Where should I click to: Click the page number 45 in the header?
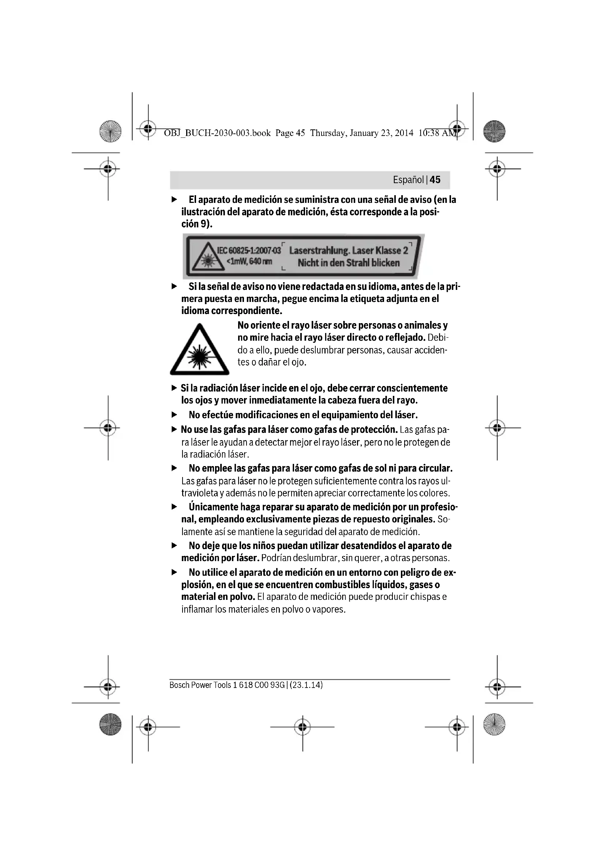pos(435,180)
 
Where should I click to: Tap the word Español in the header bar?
pos(408,180)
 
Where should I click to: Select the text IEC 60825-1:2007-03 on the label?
pos(249,250)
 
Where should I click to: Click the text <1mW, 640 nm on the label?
pos(249,261)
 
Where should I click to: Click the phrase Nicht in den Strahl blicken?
pos(348,263)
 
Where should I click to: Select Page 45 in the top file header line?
pos(290,133)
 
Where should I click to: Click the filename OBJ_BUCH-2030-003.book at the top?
pos(217,133)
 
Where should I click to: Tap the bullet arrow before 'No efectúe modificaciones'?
pos(174,415)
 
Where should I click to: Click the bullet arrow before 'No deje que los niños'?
pos(174,546)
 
